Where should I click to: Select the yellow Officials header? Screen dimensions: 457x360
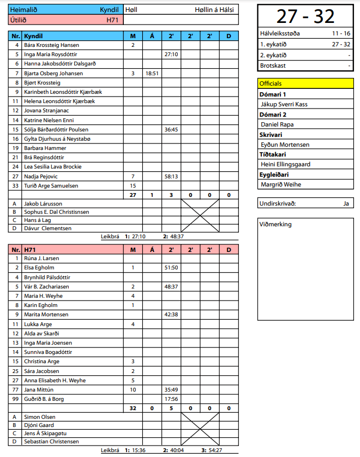pos(271,83)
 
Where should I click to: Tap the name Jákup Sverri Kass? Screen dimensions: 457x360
pos(284,104)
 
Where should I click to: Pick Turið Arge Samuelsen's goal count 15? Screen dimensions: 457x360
pos(133,186)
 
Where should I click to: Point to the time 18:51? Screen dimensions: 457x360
pos(152,73)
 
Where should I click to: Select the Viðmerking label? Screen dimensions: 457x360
pos(276,224)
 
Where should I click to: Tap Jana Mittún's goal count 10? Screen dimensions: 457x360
pos(133,390)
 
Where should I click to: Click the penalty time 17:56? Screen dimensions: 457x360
pos(171,399)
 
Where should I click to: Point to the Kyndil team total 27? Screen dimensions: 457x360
pos(133,195)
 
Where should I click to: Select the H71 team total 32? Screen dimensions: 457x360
pos(133,408)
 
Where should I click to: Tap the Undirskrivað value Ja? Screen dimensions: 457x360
pos(346,203)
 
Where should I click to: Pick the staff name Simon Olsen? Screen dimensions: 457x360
pos(40,417)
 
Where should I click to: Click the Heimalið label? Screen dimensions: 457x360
pos(25,10)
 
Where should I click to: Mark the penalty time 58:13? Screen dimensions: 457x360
pos(171,176)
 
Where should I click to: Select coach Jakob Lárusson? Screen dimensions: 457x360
pos(43,203)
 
